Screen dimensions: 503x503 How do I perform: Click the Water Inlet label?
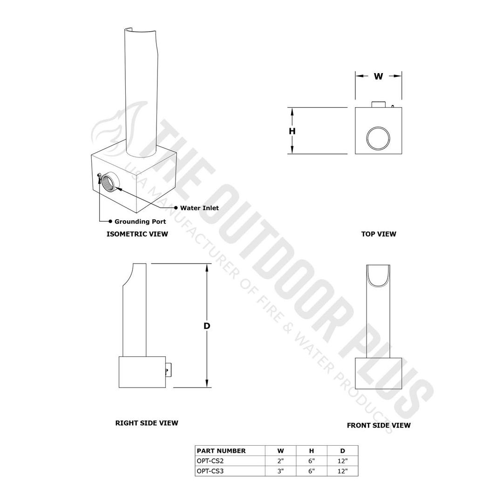pyautogui.click(x=199, y=208)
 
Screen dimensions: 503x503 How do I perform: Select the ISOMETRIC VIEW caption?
pyautogui.click(x=137, y=234)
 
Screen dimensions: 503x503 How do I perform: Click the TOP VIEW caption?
pyautogui.click(x=378, y=234)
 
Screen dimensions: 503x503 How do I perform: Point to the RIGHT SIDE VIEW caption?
pyautogui.click(x=147, y=423)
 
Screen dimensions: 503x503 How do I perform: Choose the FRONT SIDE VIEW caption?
pyautogui.click(x=378, y=425)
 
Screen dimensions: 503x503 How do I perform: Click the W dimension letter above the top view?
pyautogui.click(x=378, y=76)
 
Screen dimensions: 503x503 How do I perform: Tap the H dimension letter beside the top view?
pyautogui.click(x=292, y=131)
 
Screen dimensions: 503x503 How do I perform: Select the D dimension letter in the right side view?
pyautogui.click(x=207, y=326)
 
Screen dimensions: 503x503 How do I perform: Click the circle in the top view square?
pyautogui.click(x=378, y=138)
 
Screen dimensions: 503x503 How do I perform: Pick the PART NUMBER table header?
pyautogui.click(x=221, y=451)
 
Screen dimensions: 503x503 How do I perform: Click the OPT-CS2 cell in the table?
pyautogui.click(x=210, y=461)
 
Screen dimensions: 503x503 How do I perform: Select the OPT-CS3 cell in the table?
pyautogui.click(x=210, y=471)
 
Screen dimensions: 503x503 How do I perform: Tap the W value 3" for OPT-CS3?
pyautogui.click(x=280, y=471)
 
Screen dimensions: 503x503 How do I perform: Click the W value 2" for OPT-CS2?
pyautogui.click(x=280, y=461)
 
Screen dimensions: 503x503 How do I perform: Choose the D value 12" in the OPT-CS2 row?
pyautogui.click(x=342, y=461)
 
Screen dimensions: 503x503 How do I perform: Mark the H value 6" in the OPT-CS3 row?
pyautogui.click(x=312, y=471)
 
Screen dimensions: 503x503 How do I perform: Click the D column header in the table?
pyautogui.click(x=342, y=451)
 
